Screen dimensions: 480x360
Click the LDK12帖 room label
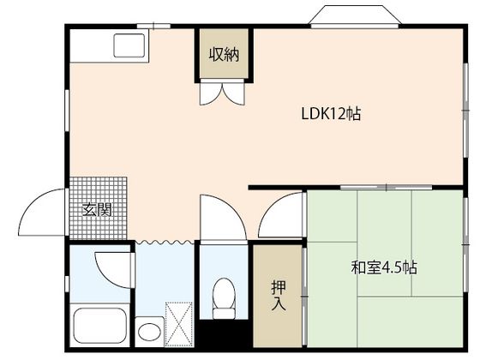[331, 113]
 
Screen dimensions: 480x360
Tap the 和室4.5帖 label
[384, 267]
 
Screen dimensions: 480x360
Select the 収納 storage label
[224, 55]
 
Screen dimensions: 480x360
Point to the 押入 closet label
[279, 295]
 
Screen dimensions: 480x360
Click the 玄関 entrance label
[98, 210]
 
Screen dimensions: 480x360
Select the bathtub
[100, 327]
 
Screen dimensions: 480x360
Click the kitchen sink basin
[129, 45]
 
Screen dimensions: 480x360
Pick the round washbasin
[149, 332]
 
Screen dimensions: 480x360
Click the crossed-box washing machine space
[179, 324]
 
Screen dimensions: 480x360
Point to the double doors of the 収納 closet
[223, 92]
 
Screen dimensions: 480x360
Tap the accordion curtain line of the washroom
[165, 242]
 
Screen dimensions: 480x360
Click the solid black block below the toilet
[224, 334]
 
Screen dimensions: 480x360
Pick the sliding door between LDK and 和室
[386, 187]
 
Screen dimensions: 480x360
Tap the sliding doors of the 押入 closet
[304, 297]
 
